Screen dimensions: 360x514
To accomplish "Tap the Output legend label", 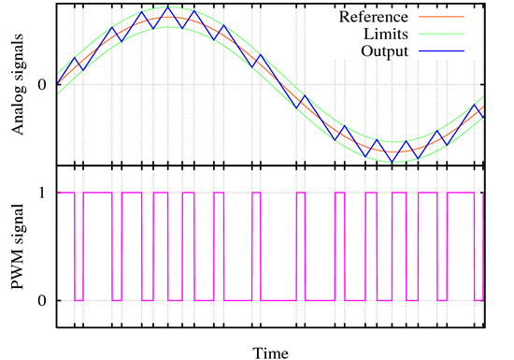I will point(386,50).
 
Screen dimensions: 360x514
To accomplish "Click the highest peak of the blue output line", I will point(168,7).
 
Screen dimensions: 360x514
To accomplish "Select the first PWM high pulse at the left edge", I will point(65,193).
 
